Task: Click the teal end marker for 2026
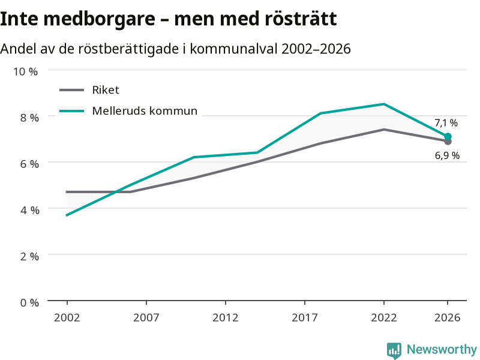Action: click(x=448, y=137)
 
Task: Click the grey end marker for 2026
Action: click(x=448, y=142)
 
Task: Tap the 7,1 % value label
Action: click(x=446, y=123)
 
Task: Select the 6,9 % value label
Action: click(x=447, y=155)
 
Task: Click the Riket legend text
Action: click(x=106, y=90)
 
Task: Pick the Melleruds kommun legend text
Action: click(x=145, y=111)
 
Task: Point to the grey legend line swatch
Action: click(x=71, y=90)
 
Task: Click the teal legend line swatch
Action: click(x=71, y=111)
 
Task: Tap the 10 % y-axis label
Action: click(x=25, y=71)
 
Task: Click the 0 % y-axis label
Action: click(x=29, y=303)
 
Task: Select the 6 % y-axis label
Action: click(x=29, y=164)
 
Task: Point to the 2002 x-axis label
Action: click(x=67, y=318)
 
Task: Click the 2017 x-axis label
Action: click(x=305, y=318)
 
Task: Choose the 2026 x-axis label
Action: click(x=447, y=318)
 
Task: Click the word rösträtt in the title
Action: click(x=301, y=19)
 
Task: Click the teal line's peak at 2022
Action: click(x=384, y=104)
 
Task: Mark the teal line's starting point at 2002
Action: click(x=67, y=215)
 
